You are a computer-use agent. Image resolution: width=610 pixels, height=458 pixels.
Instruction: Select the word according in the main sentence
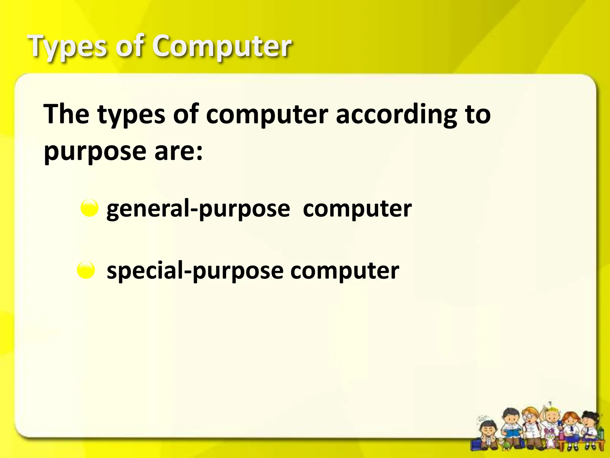coord(396,114)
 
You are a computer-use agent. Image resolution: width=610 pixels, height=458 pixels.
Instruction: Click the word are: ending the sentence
coord(178,151)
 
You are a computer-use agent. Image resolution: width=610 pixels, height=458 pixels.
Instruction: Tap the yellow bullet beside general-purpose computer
coord(89,208)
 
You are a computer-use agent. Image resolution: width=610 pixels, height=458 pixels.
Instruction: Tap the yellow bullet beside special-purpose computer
coord(86,270)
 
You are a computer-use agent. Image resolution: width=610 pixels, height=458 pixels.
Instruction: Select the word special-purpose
coord(195,271)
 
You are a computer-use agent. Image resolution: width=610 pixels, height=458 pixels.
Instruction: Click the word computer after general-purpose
coord(357,209)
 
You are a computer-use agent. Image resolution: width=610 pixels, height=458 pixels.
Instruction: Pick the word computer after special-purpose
coord(345,271)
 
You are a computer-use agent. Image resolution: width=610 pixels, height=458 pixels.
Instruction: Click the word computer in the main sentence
coord(267,114)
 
